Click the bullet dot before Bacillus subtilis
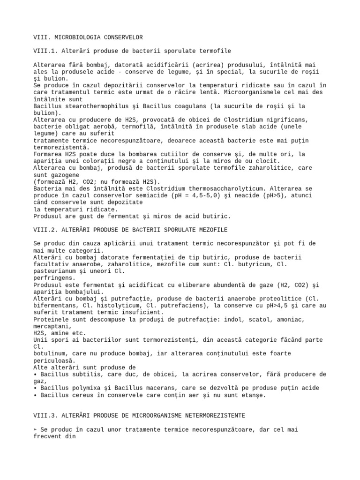point(36,375)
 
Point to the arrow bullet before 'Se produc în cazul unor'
point(36,429)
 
